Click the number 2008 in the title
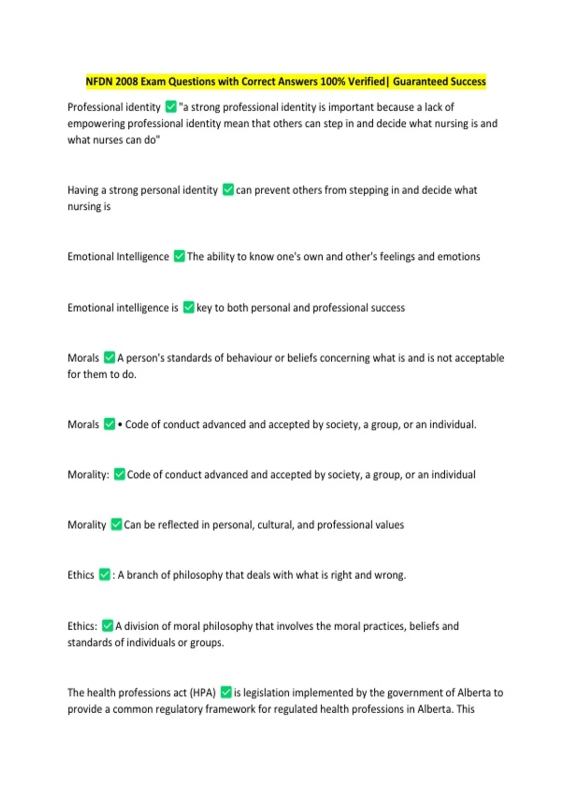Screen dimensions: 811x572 126,82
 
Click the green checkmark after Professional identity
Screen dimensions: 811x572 171,107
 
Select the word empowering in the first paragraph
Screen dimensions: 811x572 96,124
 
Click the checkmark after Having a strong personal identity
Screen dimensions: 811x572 228,190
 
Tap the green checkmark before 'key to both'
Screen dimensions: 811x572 189,308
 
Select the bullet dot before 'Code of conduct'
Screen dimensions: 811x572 120,425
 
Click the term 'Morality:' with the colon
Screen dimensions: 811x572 88,475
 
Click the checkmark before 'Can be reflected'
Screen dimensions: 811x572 116,525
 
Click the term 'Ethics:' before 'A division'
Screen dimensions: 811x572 82,626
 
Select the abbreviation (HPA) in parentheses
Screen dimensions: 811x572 203,693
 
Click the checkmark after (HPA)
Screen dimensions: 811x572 226,692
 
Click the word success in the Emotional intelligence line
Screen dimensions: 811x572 388,308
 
